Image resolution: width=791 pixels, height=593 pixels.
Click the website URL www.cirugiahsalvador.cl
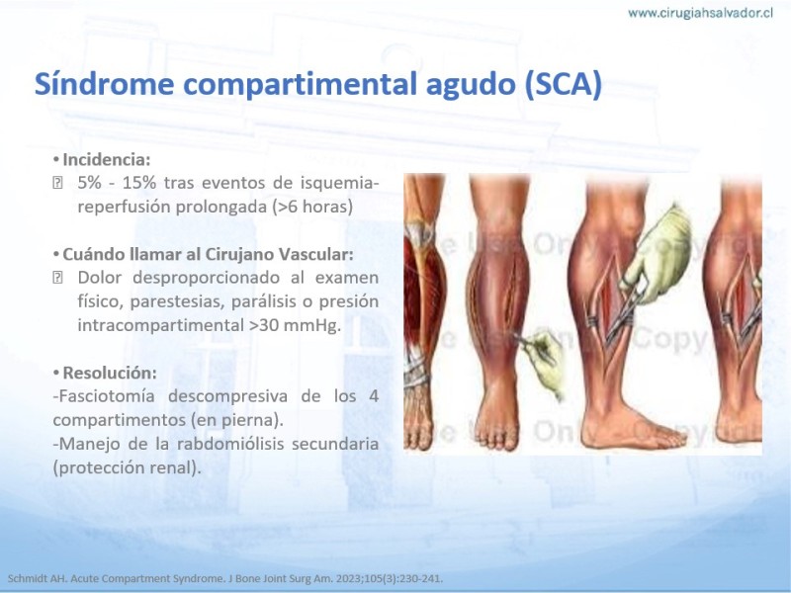point(700,14)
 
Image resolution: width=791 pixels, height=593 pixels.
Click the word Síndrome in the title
point(105,83)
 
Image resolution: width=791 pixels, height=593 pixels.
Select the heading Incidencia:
point(107,160)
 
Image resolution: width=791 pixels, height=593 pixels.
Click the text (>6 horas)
point(312,207)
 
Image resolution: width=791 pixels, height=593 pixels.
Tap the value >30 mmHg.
point(295,325)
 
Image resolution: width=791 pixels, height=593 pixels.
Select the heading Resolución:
point(110,374)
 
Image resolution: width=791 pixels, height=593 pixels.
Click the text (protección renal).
point(128,467)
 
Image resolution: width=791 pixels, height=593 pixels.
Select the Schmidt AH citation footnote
point(225,578)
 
